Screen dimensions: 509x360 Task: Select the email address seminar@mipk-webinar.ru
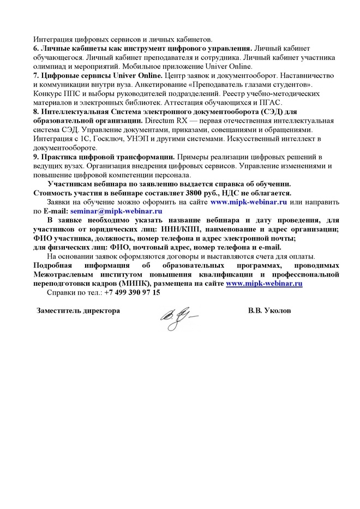(x=116, y=210)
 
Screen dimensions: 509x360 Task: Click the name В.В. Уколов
(x=269, y=310)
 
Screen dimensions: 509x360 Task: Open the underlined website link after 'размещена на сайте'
(x=264, y=283)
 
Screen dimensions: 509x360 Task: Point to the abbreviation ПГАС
(x=269, y=102)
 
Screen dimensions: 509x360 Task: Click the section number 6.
(x=36, y=47)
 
